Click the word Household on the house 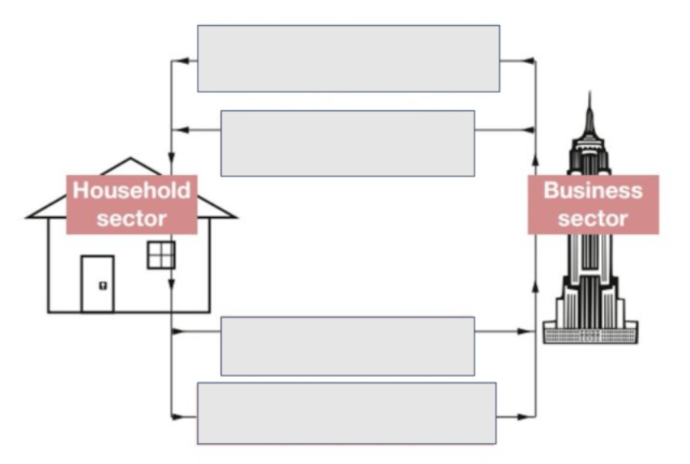pos(132,191)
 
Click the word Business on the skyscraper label pos(593,191)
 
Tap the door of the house pos(98,283)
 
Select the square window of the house pos(160,254)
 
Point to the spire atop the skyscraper pos(590,109)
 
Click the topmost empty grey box pos(348,58)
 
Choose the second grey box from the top pos(347,143)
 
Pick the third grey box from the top pos(347,346)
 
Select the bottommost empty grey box pos(347,413)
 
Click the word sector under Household pos(132,218)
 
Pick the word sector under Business pos(593,218)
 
